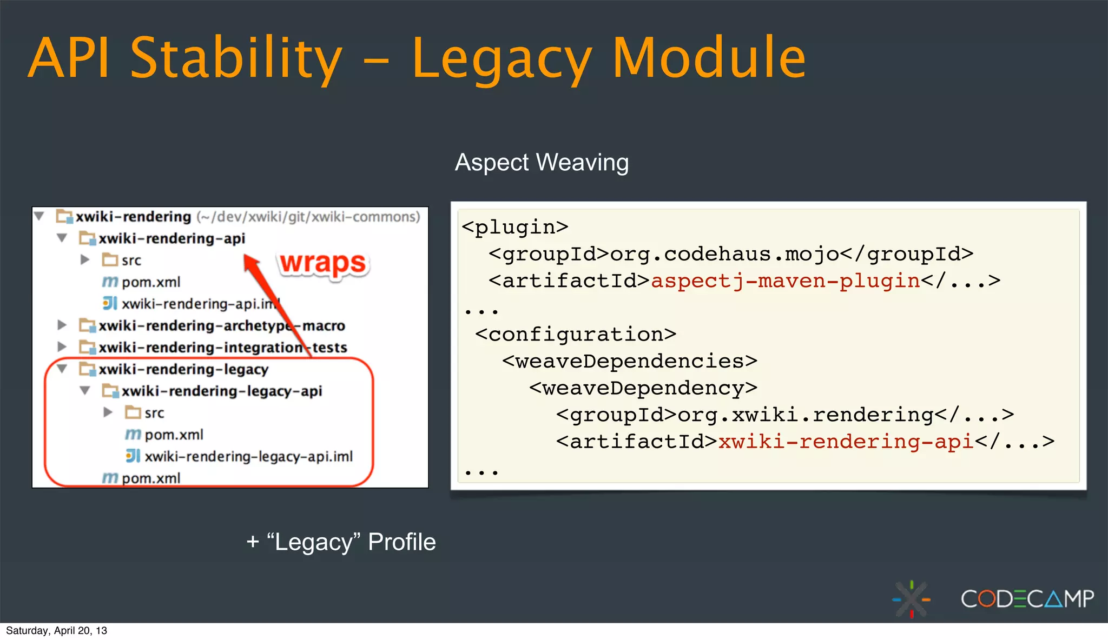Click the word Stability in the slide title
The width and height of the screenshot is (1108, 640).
(236, 57)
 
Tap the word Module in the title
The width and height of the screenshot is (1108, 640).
(709, 57)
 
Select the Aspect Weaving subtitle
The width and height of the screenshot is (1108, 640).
(542, 162)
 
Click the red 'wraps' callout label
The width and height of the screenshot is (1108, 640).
(324, 263)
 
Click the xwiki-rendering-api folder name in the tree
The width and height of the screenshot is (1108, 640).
(172, 238)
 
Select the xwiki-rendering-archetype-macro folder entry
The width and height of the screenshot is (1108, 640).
(221, 325)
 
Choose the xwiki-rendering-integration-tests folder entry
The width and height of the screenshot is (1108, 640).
(222, 347)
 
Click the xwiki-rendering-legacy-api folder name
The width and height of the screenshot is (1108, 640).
(222, 391)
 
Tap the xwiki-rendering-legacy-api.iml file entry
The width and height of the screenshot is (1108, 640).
(248, 456)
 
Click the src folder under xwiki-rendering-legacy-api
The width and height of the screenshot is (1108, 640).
(154, 413)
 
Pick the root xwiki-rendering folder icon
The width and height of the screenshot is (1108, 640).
(64, 217)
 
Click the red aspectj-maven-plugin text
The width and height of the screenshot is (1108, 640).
(785, 281)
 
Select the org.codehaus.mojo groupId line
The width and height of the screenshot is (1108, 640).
(730, 254)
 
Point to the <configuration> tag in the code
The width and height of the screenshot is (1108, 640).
(576, 334)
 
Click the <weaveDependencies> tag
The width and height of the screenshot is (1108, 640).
(630, 361)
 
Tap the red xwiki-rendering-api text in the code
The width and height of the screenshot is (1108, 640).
(846, 442)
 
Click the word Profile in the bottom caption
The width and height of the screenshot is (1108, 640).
(401, 542)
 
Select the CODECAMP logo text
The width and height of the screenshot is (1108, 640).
(1027, 599)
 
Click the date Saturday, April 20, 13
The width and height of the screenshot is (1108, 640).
(56, 630)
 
